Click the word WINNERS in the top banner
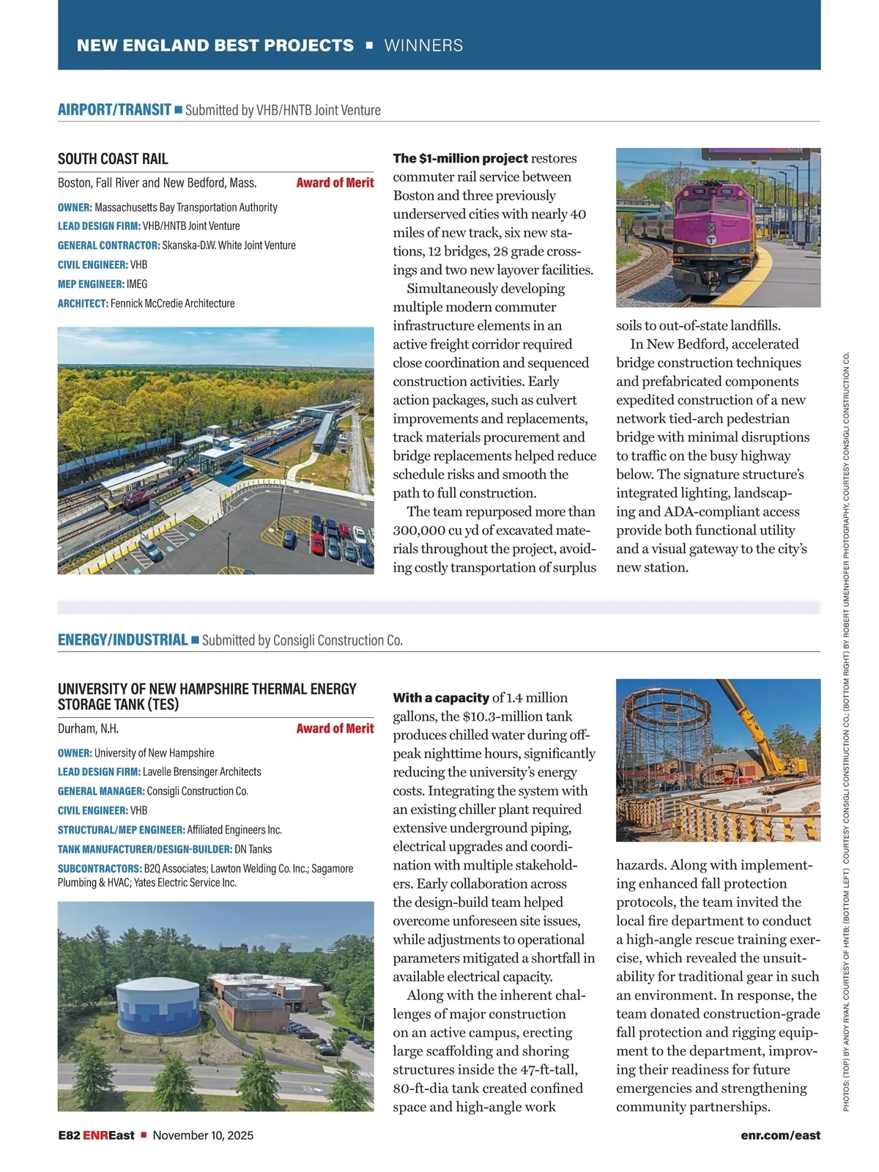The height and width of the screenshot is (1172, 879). (423, 45)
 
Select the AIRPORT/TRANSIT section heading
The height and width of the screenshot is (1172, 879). (114, 110)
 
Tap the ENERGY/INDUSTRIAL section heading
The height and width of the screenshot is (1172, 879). (122, 639)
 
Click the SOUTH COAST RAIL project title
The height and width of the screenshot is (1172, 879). (113, 159)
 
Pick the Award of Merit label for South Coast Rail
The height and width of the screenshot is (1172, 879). (335, 182)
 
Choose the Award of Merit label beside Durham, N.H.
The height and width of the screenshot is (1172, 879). (335, 728)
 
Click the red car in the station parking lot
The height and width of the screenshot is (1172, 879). (317, 543)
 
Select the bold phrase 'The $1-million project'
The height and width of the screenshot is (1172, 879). (460, 158)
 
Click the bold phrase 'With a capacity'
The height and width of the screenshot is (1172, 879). (440, 697)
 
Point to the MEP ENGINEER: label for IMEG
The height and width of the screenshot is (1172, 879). (91, 284)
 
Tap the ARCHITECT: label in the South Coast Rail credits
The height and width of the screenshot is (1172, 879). (83, 303)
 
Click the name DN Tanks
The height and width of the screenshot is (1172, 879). (253, 849)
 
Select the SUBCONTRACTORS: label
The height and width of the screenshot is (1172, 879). (99, 869)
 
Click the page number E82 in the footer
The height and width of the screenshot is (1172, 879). (69, 1135)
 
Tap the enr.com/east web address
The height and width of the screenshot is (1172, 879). (780, 1135)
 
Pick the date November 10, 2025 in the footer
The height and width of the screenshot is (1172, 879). (203, 1135)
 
